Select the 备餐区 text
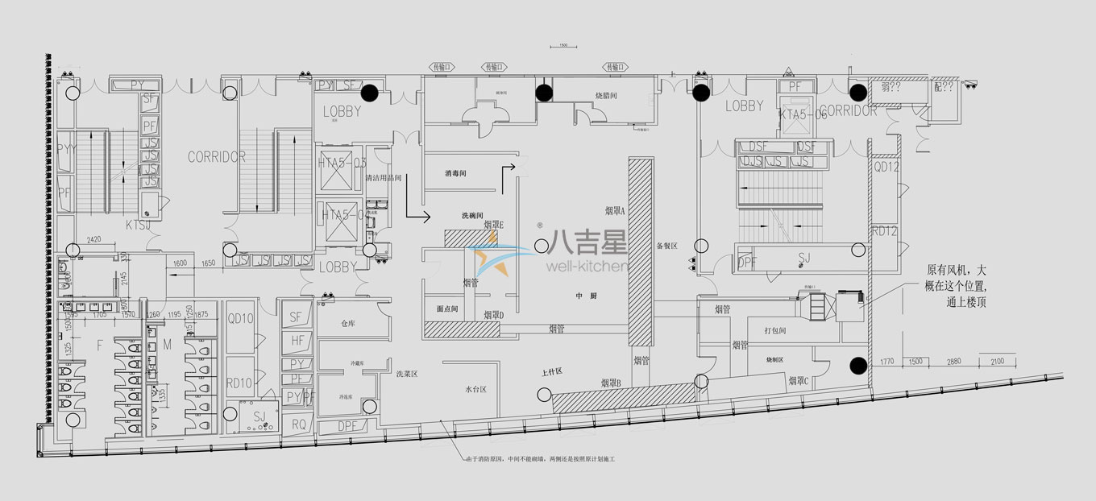tap(668, 246)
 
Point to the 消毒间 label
tap(456, 173)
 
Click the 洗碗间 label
tap(472, 216)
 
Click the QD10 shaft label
tap(240, 318)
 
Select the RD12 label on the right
tap(885, 231)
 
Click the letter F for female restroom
tap(100, 346)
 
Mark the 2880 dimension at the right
tap(953, 362)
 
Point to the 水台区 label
tap(475, 389)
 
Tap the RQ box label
tap(298, 424)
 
